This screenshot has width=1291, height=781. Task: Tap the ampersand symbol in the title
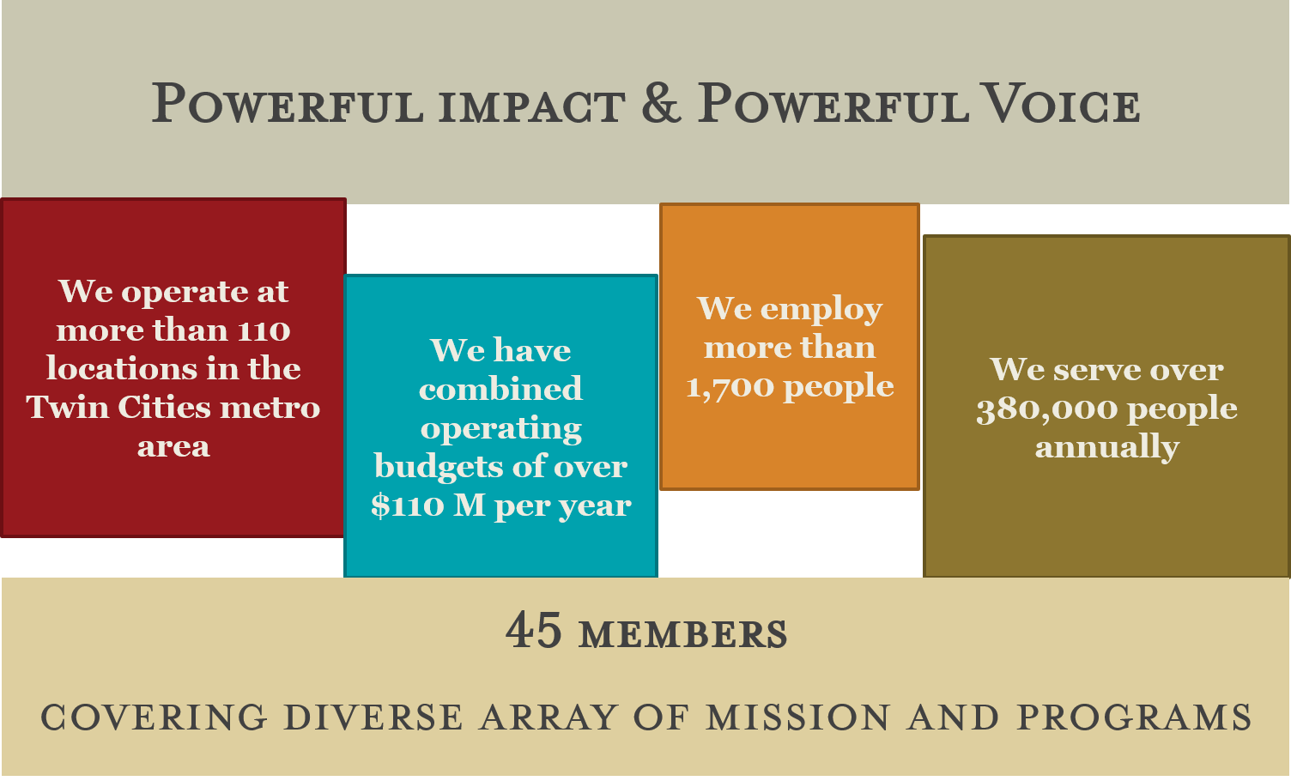pyautogui.click(x=661, y=103)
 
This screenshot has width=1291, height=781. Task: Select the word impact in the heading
pyautogui.click(x=532, y=107)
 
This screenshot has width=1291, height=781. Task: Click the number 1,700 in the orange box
pyautogui.click(x=730, y=386)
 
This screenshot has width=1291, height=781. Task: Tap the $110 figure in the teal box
pyautogui.click(x=408, y=506)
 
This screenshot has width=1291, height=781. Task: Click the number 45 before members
pyautogui.click(x=534, y=631)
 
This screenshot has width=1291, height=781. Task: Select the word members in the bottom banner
pyautogui.click(x=683, y=634)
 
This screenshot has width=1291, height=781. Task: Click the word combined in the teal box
pyautogui.click(x=500, y=389)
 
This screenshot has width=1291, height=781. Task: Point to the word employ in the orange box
pyautogui.click(x=821, y=310)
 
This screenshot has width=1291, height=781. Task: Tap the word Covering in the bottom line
pyautogui.click(x=154, y=717)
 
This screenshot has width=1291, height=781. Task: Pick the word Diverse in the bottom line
pyautogui.click(x=373, y=717)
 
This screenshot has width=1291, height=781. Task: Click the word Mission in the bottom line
pyautogui.click(x=798, y=717)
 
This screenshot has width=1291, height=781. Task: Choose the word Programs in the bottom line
pyautogui.click(x=1134, y=717)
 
